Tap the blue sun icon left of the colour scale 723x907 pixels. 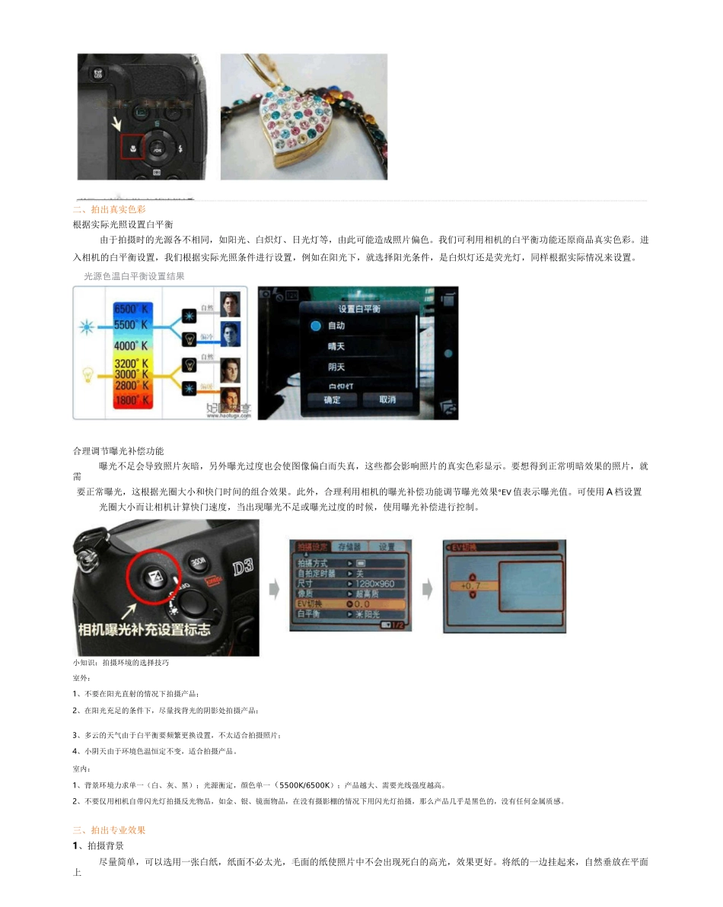pos(85,328)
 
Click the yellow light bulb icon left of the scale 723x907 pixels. pos(87,374)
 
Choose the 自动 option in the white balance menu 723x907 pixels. pos(336,326)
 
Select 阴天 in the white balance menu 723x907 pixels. pos(336,368)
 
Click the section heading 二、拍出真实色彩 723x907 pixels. pos(109,209)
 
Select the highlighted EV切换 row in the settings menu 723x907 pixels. pos(350,603)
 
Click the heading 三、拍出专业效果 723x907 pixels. pos(109,830)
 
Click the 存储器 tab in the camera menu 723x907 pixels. pos(349,546)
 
